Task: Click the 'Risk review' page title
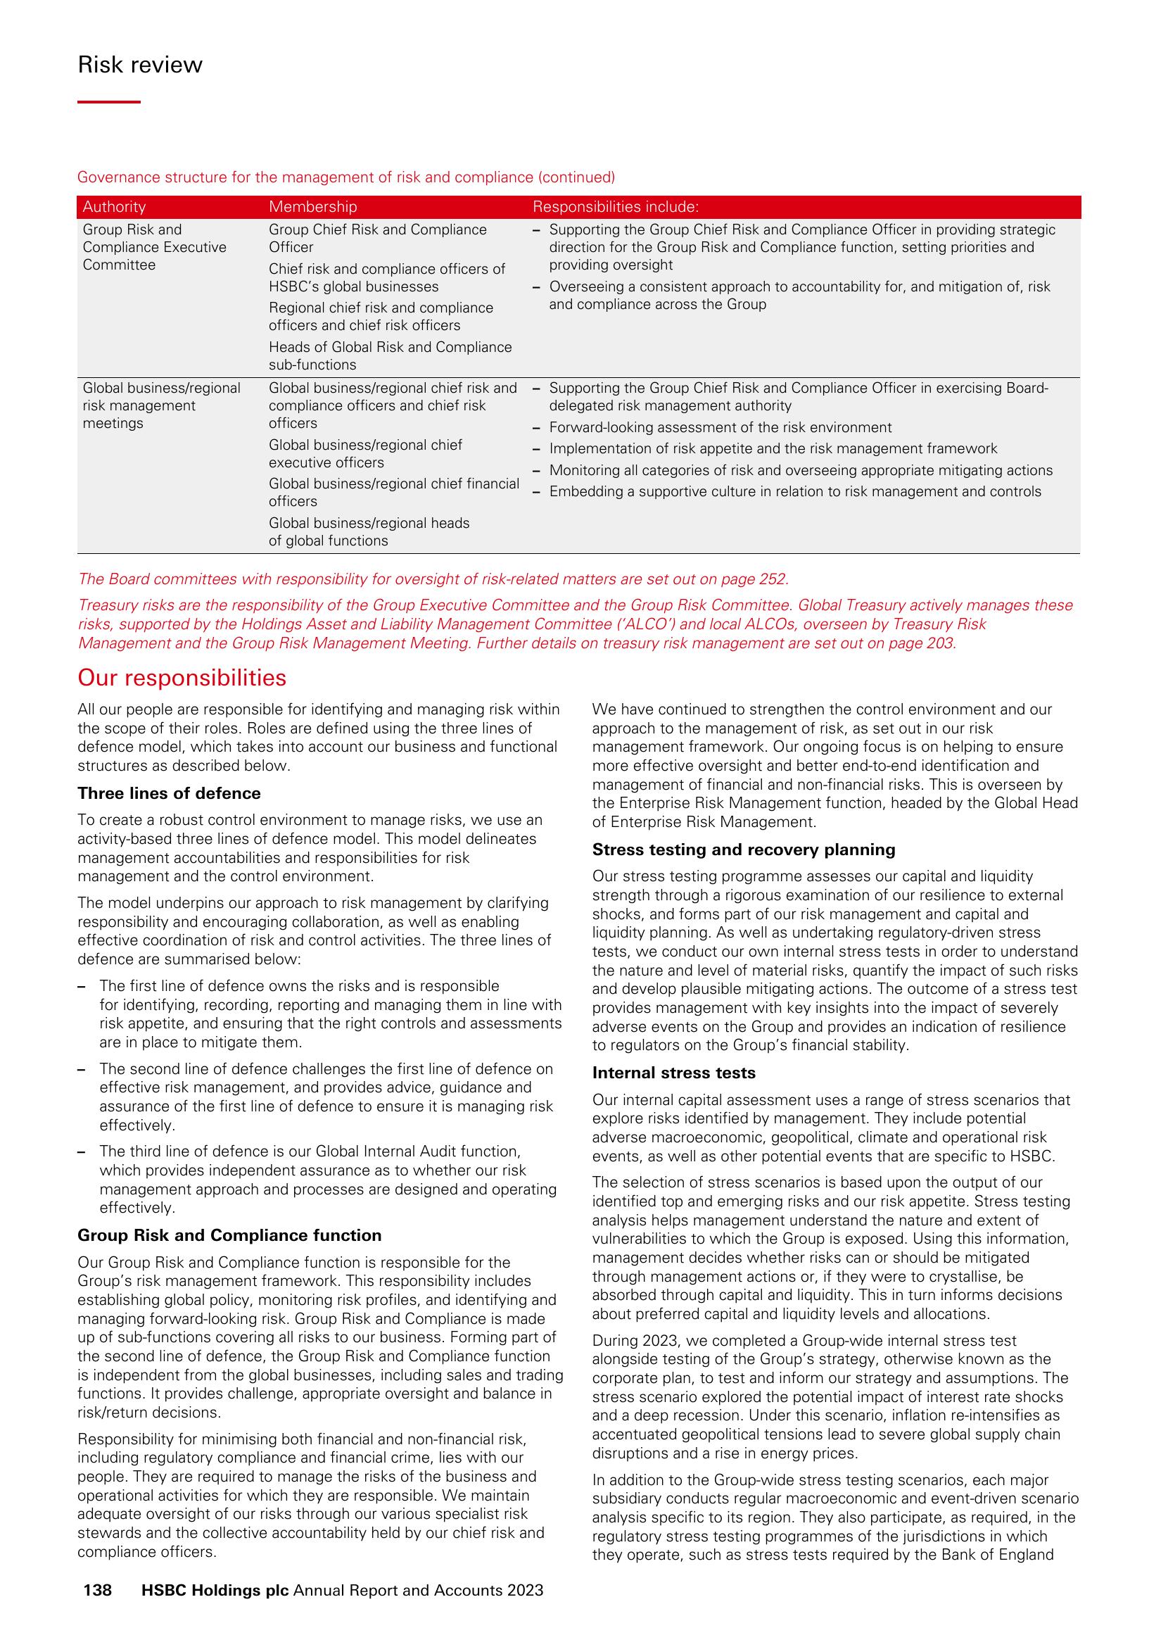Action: pyautogui.click(x=139, y=65)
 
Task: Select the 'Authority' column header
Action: pyautogui.click(x=114, y=207)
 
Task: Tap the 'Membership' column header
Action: pyautogui.click(x=312, y=207)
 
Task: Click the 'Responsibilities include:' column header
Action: pyautogui.click(x=615, y=207)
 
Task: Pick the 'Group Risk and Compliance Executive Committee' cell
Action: pyautogui.click(x=154, y=247)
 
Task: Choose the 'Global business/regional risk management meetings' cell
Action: pyautogui.click(x=161, y=405)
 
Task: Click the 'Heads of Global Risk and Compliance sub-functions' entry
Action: pyautogui.click(x=390, y=355)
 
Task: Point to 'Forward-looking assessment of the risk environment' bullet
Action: pyautogui.click(x=720, y=427)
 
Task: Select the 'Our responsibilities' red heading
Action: pyautogui.click(x=182, y=678)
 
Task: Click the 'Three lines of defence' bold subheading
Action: pyautogui.click(x=169, y=793)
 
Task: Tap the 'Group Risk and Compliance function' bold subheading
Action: pyautogui.click(x=229, y=1235)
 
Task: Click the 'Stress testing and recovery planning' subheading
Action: pyautogui.click(x=744, y=850)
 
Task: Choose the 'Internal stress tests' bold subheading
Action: pyautogui.click(x=674, y=1073)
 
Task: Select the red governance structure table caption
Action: pyautogui.click(x=346, y=177)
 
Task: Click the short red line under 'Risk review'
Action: pyautogui.click(x=108, y=102)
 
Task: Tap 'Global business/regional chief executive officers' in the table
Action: pyautogui.click(x=365, y=453)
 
